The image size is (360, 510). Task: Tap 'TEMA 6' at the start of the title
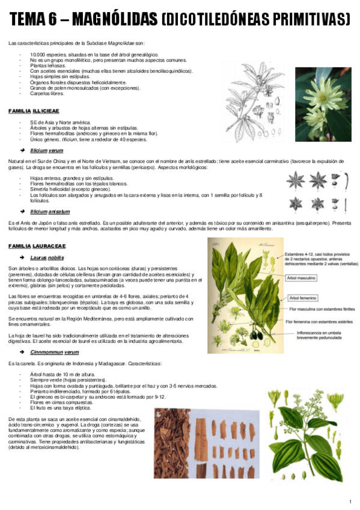coord(34,20)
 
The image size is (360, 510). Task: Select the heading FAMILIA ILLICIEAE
coord(34,111)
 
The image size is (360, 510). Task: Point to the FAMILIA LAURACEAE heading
coord(37,247)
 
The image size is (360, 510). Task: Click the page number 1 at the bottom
coord(350,502)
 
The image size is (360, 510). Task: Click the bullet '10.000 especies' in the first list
coord(78,55)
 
